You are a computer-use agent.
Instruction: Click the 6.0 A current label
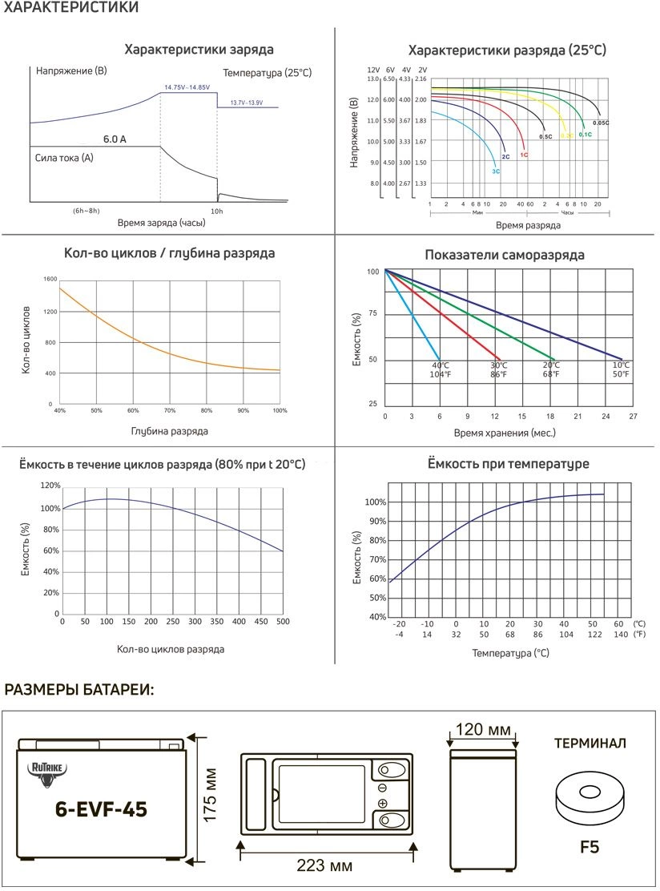coord(115,139)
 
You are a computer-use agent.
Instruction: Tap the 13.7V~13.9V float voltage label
coord(247,103)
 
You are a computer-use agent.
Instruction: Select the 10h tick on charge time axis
coord(217,211)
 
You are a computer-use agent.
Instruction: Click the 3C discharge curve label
coord(496,171)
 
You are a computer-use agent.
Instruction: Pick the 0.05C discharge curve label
coord(601,123)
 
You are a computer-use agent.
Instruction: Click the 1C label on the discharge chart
coord(524,154)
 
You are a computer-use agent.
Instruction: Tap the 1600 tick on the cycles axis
coord(50,279)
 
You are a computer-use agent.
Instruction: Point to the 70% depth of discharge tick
coord(170,410)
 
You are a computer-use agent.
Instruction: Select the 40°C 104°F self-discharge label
coord(440,369)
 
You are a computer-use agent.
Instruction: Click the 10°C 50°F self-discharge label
coord(622,369)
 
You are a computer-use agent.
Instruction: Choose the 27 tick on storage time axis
coord(633,417)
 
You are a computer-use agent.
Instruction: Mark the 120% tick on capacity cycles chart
coord(50,486)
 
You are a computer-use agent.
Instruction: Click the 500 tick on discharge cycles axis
coord(282,622)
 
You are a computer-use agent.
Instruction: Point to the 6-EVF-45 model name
coord(101,809)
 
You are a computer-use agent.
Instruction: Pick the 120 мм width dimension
coord(483,730)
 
